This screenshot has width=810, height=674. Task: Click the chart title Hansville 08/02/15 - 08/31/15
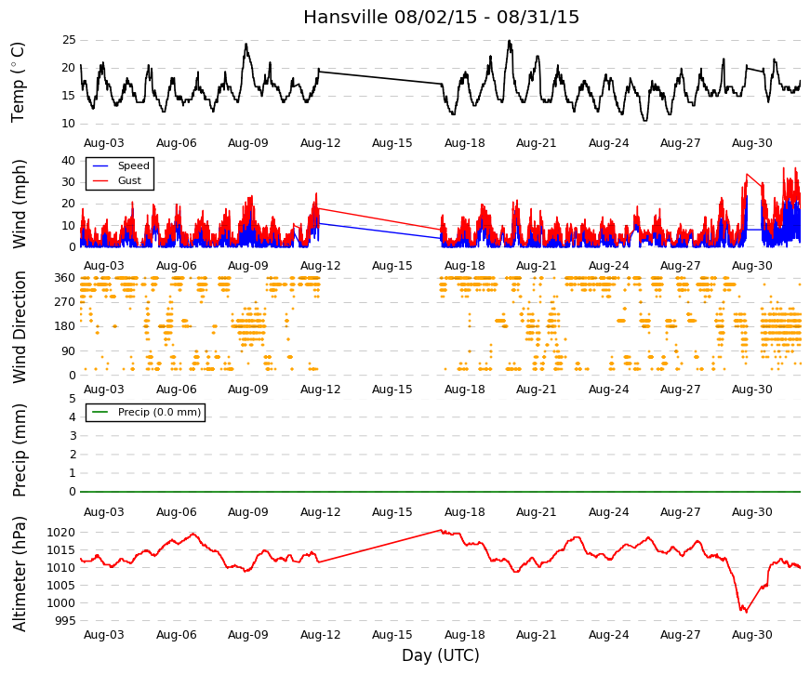click(441, 17)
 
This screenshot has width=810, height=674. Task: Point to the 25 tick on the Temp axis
click(69, 40)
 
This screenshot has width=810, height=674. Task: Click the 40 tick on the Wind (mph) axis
click(69, 161)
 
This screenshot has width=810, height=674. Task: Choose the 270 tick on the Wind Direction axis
click(65, 302)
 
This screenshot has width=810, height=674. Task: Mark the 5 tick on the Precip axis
click(73, 399)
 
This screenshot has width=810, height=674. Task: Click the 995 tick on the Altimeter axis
click(65, 621)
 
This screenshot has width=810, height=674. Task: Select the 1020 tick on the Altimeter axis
click(61, 533)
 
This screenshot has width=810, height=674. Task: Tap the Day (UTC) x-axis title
click(441, 655)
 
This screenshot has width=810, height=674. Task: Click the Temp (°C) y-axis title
click(18, 83)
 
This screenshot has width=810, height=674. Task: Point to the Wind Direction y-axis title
click(20, 327)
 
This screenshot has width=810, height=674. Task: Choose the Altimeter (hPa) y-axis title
click(20, 574)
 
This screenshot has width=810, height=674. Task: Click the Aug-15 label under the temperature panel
click(392, 143)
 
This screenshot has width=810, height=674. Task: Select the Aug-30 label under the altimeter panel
click(752, 635)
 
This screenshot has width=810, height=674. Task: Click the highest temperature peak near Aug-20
click(510, 41)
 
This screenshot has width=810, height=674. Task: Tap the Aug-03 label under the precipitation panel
click(104, 512)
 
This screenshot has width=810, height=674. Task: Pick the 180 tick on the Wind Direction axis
click(65, 326)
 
